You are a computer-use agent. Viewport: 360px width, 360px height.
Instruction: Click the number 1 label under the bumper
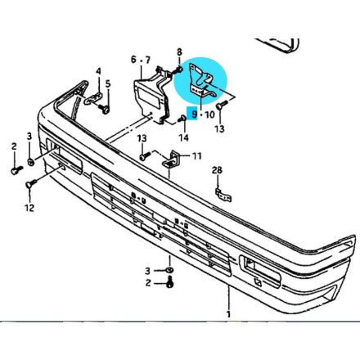click(x=229, y=314)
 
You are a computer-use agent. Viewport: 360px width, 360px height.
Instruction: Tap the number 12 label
click(x=29, y=208)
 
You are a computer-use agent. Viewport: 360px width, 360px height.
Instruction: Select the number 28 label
click(x=217, y=170)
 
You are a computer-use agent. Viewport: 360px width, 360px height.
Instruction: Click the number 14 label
click(x=184, y=137)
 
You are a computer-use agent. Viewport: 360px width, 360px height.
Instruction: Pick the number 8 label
click(x=179, y=52)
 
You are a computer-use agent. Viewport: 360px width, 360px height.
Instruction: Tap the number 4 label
click(x=98, y=70)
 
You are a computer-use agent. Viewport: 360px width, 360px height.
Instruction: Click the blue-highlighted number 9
click(x=194, y=115)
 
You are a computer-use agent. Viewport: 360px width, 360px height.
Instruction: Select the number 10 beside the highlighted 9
click(x=209, y=115)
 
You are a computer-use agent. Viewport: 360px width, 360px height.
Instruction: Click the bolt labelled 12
click(x=31, y=187)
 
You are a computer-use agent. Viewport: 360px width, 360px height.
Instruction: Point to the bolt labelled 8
click(x=178, y=70)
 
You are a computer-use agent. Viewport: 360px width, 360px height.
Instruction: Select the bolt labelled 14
click(x=180, y=121)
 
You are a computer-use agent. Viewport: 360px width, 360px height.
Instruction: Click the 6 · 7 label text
click(x=140, y=59)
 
